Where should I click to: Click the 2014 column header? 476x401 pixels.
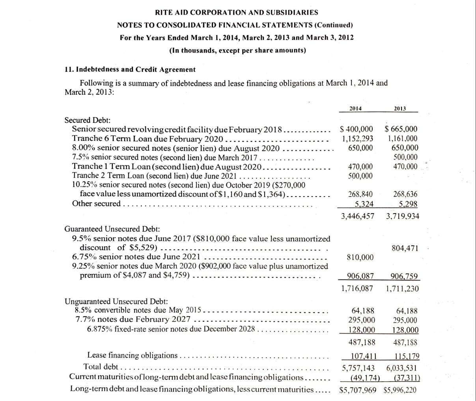[x=357, y=109]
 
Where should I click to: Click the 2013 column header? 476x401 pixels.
[x=400, y=109]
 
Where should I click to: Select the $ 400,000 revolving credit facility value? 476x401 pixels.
[x=356, y=129]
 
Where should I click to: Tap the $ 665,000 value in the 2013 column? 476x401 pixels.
[x=401, y=129]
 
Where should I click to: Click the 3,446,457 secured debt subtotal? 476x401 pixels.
[x=358, y=216]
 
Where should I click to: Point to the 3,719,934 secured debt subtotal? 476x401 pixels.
[x=403, y=216]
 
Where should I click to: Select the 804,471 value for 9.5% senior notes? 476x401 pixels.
[x=405, y=248]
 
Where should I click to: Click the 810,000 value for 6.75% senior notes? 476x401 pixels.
[x=360, y=257]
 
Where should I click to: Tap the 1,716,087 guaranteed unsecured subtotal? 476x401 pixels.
[x=357, y=289]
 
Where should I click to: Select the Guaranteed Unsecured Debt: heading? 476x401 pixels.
[x=112, y=229]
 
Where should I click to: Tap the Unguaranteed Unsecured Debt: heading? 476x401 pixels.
[x=116, y=302]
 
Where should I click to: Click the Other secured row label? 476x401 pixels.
[x=96, y=204]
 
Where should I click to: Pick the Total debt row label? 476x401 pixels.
[x=101, y=367]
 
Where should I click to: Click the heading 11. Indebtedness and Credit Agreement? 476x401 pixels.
[x=130, y=69]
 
